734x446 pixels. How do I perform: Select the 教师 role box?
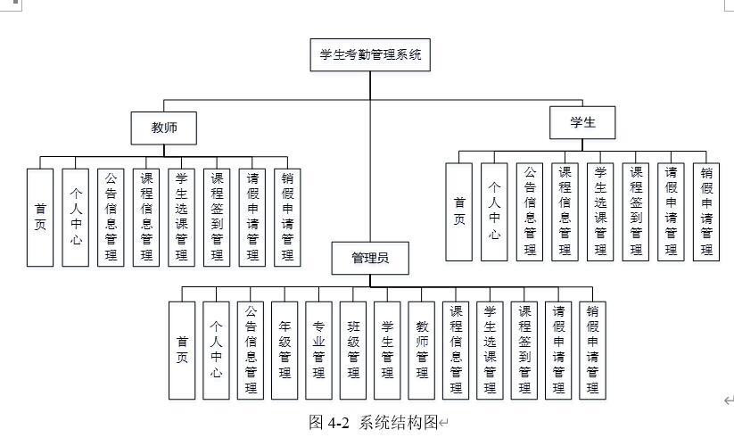click(x=165, y=128)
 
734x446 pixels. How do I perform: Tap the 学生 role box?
click(x=581, y=123)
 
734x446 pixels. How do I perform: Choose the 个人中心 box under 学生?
click(x=493, y=211)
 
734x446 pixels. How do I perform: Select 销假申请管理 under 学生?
click(x=705, y=211)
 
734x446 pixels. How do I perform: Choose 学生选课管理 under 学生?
click(x=600, y=211)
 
